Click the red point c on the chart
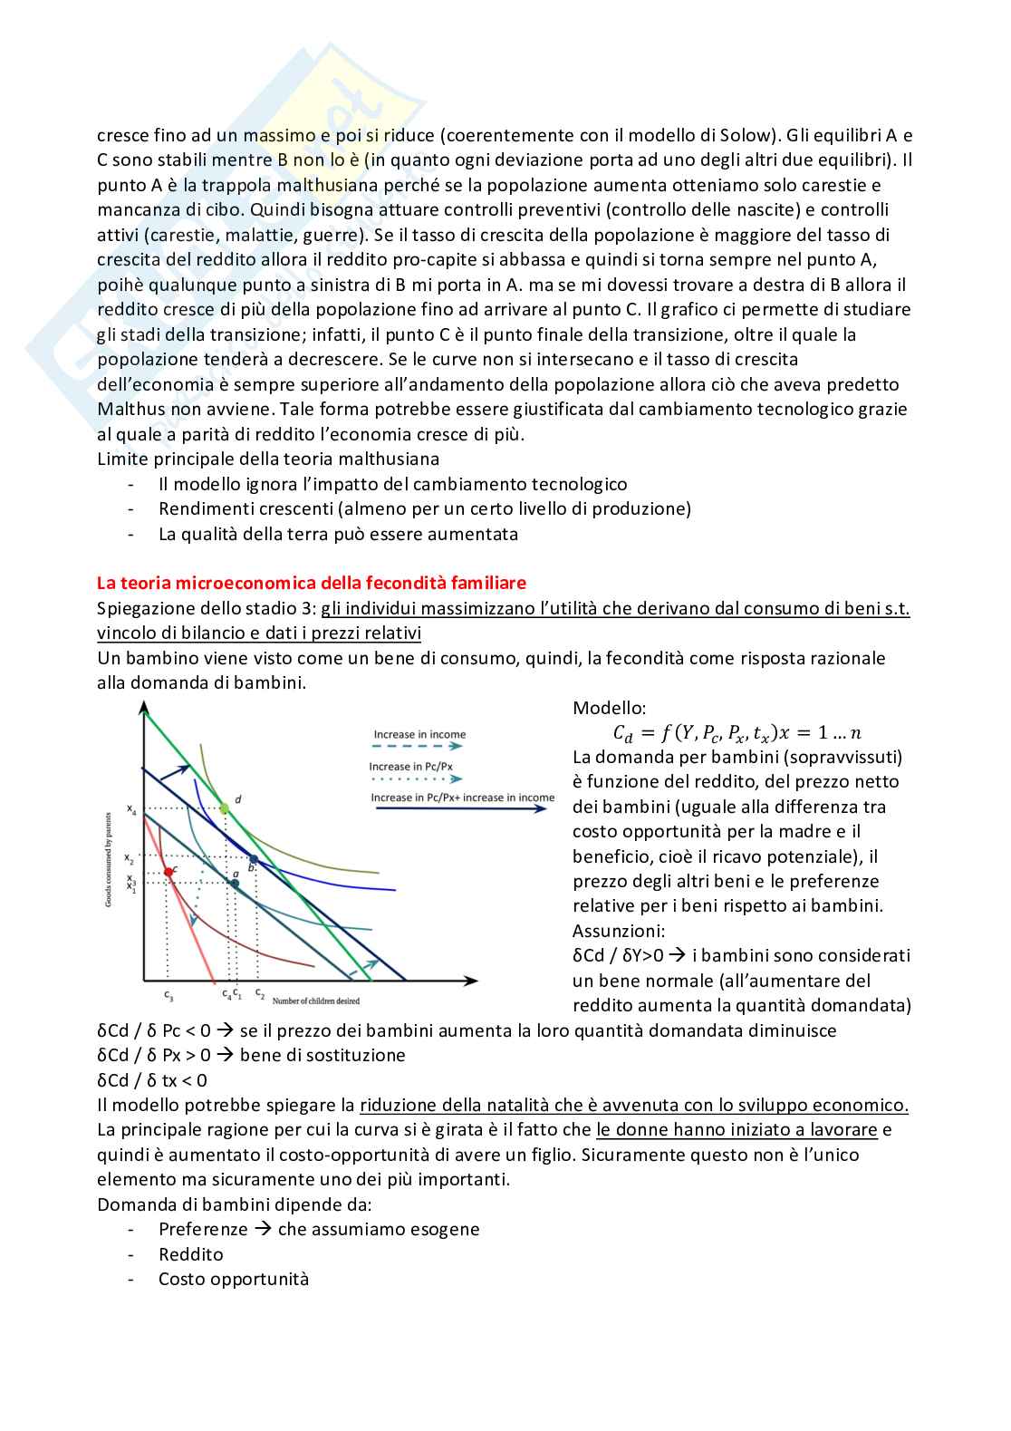[168, 872]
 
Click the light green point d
[224, 807]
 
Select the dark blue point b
[254, 859]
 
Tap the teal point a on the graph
[235, 883]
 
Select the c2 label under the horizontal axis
[259, 993]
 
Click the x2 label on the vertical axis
[130, 859]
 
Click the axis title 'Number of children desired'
[316, 1001]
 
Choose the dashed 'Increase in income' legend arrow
[418, 746]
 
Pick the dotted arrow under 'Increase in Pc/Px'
[416, 778]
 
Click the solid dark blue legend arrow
[462, 808]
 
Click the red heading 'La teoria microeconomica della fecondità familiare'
[312, 583]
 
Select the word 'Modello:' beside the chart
[609, 708]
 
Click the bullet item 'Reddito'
[190, 1254]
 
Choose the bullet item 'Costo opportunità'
[234, 1279]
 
